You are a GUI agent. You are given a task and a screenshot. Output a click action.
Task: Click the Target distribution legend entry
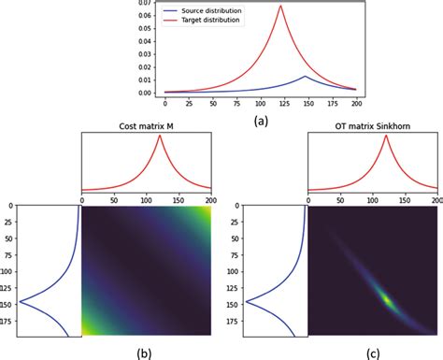coord(202,20)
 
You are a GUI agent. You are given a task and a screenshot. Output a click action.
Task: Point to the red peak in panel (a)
coord(280,6)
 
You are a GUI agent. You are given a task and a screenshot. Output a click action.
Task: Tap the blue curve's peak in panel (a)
coord(305,76)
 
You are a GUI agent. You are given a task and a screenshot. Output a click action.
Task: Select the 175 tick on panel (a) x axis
coord(333,104)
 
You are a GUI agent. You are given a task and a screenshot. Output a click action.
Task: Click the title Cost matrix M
coord(147,126)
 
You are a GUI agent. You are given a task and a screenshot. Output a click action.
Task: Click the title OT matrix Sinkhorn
coord(373,126)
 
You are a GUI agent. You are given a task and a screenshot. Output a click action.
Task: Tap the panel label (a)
coord(261,121)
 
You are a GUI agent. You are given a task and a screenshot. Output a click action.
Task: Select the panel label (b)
coord(144,353)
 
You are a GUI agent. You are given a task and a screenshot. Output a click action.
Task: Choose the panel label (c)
coord(373,353)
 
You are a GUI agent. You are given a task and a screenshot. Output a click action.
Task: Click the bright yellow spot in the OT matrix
coord(387,300)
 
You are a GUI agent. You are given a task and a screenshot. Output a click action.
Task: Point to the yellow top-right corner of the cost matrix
coord(208,209)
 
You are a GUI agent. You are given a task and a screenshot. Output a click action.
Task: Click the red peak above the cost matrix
coord(160,136)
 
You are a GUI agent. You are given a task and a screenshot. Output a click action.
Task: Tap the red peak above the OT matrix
coord(386,136)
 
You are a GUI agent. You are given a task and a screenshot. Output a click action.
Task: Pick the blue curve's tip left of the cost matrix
coord(20,301)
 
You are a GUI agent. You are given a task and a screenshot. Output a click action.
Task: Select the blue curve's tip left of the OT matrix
coord(246,301)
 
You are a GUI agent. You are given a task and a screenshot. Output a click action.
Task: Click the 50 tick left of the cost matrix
coord(10,238)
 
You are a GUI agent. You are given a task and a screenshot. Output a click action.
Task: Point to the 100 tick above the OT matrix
coord(373,200)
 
